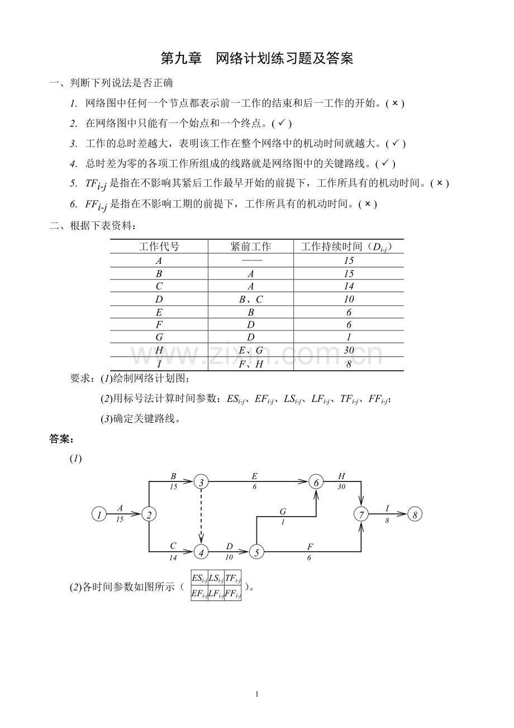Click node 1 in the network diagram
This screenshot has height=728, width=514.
click(99, 514)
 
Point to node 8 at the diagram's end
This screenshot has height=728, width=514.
click(415, 514)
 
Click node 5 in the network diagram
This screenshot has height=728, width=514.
click(256, 552)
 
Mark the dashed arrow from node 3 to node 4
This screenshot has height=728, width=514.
click(201, 517)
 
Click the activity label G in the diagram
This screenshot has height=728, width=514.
click(283, 512)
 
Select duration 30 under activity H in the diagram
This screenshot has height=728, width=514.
click(341, 486)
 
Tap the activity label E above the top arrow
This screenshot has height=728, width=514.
click(254, 476)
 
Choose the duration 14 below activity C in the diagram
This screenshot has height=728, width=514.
click(173, 557)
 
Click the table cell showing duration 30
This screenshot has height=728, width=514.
click(349, 350)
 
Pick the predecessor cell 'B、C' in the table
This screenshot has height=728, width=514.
click(251, 299)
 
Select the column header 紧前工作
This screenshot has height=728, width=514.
click(251, 247)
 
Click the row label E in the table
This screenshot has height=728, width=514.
click(159, 313)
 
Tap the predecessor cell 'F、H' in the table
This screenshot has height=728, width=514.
click(251, 364)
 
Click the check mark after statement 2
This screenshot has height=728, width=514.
click(282, 122)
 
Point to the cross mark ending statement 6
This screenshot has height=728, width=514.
click(368, 204)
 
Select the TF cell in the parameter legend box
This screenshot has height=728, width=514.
click(233, 578)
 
